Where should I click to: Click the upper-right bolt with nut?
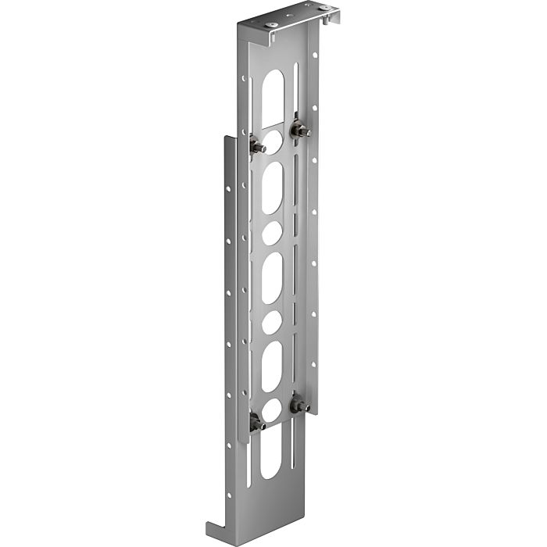coord(299,130)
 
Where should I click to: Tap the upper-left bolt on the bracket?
coord(257,146)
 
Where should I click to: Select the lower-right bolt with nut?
coord(299,406)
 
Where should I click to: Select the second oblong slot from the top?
coord(273,188)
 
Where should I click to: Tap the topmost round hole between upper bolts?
coord(273,141)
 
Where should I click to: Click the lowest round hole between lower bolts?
coord(271,410)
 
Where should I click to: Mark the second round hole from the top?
coord(273,233)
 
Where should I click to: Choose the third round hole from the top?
coord(272,322)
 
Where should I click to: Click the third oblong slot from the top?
coord(272,278)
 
